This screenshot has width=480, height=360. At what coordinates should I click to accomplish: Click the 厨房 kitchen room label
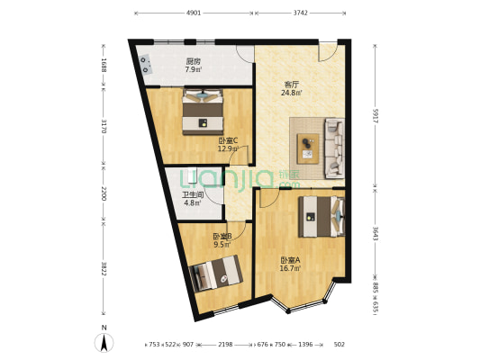tap(193, 61)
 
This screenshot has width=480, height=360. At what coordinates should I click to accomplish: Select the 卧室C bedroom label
tap(228, 140)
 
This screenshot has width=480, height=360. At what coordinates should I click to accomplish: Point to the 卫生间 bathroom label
tap(193, 194)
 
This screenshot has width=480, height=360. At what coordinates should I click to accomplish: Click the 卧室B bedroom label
tap(222, 237)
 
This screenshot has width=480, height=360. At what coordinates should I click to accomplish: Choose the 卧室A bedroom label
tap(291, 260)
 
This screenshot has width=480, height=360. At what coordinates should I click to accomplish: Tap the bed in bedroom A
tap(321, 216)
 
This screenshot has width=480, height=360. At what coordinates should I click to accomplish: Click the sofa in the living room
tap(332, 147)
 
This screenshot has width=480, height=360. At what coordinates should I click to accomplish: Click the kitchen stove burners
tap(145, 64)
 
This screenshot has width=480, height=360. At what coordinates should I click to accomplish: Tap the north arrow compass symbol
tap(104, 340)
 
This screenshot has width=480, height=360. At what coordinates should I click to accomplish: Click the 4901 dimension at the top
tap(194, 13)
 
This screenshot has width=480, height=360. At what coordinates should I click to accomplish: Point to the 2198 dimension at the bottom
tap(225, 344)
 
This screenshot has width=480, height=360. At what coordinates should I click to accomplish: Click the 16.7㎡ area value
tap(291, 268)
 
